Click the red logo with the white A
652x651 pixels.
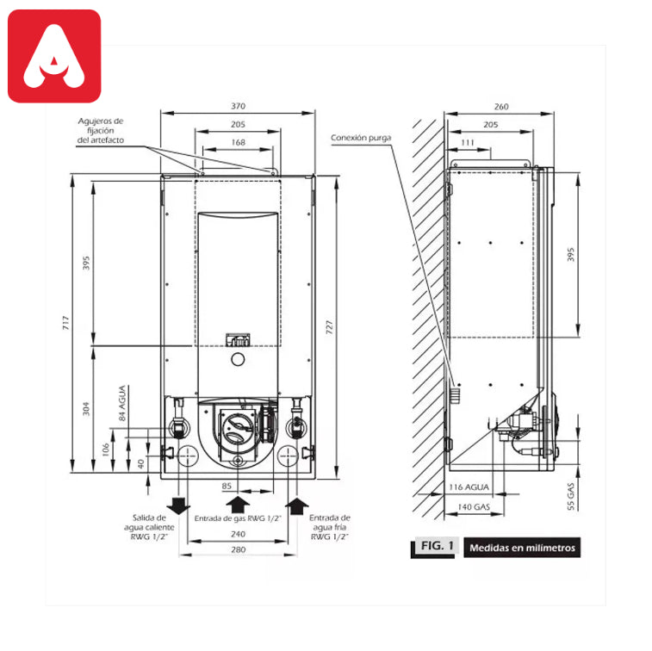click(x=54, y=56)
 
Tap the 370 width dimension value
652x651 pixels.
click(x=239, y=106)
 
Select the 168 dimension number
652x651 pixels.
click(x=239, y=142)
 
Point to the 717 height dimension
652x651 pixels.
click(x=65, y=323)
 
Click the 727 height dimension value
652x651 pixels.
click(x=329, y=327)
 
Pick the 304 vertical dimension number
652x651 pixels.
click(x=85, y=409)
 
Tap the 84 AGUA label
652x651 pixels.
click(x=122, y=403)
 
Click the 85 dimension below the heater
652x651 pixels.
click(x=227, y=486)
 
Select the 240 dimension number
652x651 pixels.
click(x=239, y=534)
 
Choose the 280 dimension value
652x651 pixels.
click(x=239, y=549)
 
